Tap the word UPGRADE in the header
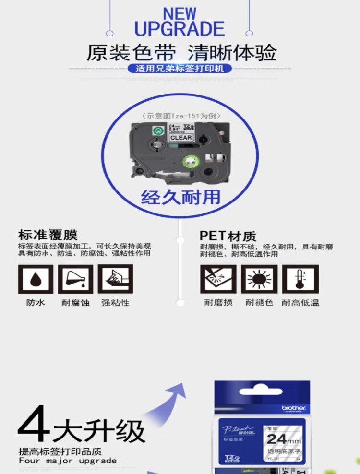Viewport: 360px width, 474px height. coord(180,29)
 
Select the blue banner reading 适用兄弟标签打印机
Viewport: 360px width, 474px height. coord(180,69)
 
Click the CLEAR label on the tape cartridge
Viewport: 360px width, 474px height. coord(181,138)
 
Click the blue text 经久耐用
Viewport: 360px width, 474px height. coord(180,197)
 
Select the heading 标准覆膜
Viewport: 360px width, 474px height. coord(48,235)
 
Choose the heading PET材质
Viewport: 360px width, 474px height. coord(228,236)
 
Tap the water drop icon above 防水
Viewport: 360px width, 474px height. coord(36,279)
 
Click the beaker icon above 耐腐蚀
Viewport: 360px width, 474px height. coord(75,279)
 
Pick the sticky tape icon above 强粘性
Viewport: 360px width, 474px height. coord(115,279)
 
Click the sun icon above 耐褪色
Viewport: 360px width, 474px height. coord(259,279)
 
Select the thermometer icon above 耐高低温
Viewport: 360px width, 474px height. coord(300,279)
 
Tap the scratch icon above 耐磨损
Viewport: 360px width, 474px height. coord(218,279)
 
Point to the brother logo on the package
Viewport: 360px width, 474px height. coord(293,408)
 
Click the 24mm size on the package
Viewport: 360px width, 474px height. coord(283,438)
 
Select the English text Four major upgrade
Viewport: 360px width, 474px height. coord(67,461)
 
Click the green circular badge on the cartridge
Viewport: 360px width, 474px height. coord(157,130)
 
